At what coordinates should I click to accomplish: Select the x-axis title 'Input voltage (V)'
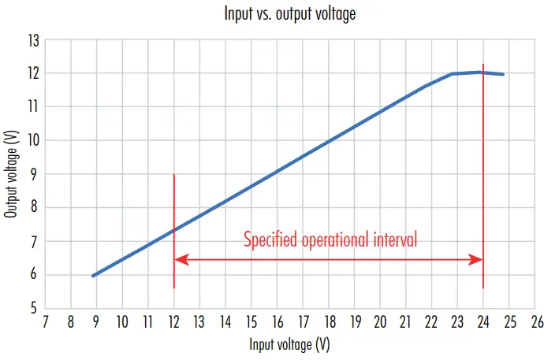[289, 345]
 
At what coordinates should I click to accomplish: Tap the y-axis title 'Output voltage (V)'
[11, 174]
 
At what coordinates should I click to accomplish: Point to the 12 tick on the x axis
[173, 321]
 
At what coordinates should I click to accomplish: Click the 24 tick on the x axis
[483, 321]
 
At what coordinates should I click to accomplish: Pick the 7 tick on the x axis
[45, 321]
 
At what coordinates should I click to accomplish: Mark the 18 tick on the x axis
[328, 321]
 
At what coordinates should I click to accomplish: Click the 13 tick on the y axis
[32, 39]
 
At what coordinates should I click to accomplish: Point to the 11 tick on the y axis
[32, 107]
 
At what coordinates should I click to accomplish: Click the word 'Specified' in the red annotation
[270, 239]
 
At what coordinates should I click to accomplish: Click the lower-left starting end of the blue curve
[93, 276]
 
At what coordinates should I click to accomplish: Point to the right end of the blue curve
[502, 74]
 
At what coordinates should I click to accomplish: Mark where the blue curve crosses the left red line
[173, 230]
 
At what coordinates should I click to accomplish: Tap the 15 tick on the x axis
[251, 321]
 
